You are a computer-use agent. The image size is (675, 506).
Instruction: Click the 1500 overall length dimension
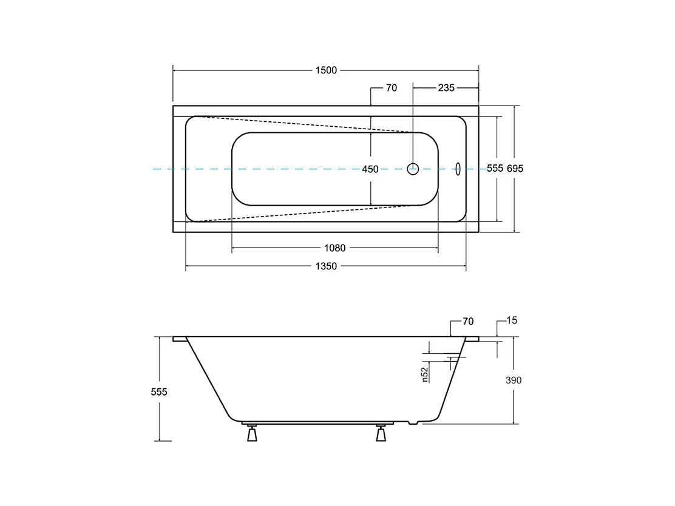coord(326,70)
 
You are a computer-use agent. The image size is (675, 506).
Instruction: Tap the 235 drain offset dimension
coord(446,88)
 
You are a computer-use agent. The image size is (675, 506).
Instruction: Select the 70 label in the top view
coord(392,88)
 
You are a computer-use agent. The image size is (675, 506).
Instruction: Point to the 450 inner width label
coord(370,169)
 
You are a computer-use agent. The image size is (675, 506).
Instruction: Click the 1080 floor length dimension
coord(335,248)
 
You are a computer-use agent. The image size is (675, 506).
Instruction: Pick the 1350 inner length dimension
coord(326,266)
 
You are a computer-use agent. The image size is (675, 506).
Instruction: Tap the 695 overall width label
coord(515,169)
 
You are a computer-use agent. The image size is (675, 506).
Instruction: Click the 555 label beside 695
coord(495,168)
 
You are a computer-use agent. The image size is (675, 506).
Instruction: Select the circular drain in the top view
coord(413,163)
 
